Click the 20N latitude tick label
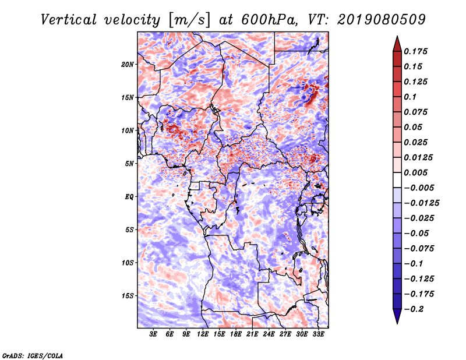point(128,65)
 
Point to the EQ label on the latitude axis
point(129,197)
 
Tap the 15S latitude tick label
point(128,296)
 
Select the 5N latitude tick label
point(129,164)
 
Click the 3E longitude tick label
point(153,334)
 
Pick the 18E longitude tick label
point(236,334)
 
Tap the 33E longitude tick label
point(318,334)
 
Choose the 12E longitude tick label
point(203,334)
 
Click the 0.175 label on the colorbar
point(415,51)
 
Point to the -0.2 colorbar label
point(414,309)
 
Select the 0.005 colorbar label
point(415,172)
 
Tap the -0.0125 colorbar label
point(421,203)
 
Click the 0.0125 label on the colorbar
point(418,157)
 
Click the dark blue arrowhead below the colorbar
point(397,316)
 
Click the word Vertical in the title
point(69,20)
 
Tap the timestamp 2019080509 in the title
point(382,20)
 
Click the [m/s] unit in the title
point(189,20)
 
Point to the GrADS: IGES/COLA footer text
point(33,355)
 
